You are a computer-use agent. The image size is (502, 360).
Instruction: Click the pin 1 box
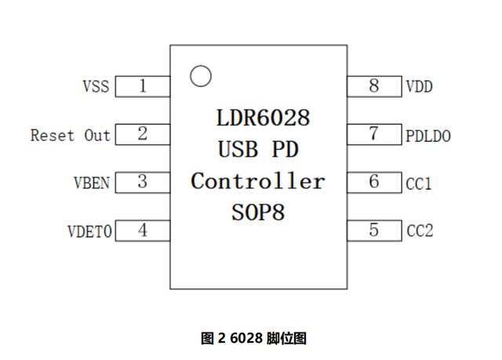pyautogui.click(x=143, y=86)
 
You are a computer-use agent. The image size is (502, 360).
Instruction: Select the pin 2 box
pyautogui.click(x=143, y=134)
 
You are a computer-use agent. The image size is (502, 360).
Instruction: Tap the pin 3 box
pyautogui.click(x=143, y=182)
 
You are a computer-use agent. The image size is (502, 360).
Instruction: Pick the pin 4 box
pyautogui.click(x=143, y=231)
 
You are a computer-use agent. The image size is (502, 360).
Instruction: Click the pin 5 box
pyautogui.click(x=374, y=231)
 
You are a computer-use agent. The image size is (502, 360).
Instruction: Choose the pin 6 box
pyautogui.click(x=374, y=182)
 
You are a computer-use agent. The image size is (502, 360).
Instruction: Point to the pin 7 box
pyautogui.click(x=374, y=134)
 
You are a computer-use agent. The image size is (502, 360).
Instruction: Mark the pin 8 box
pyautogui.click(x=374, y=86)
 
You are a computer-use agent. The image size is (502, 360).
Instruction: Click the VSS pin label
pyautogui.click(x=96, y=86)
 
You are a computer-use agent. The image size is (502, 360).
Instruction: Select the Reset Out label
pyautogui.click(x=71, y=135)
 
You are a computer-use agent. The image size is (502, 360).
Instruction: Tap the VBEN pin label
pyautogui.click(x=91, y=184)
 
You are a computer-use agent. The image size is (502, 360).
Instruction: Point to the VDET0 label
pyautogui.click(x=89, y=231)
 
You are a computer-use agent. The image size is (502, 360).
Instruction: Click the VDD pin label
pyautogui.click(x=420, y=87)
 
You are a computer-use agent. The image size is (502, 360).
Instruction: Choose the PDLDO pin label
pyautogui.click(x=428, y=136)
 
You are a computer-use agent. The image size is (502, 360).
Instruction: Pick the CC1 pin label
pyautogui.click(x=420, y=184)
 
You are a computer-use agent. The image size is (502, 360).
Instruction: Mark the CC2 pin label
pyautogui.click(x=420, y=231)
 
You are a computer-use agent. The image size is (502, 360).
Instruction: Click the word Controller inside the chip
pyautogui.click(x=258, y=181)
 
